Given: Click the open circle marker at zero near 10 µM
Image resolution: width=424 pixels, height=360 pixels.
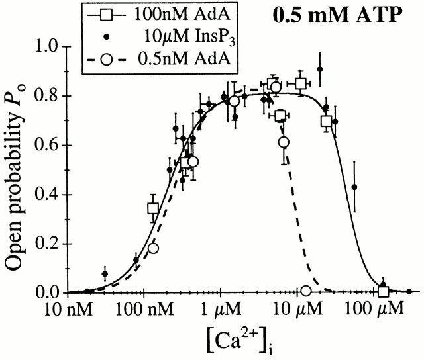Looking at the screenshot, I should (305, 291).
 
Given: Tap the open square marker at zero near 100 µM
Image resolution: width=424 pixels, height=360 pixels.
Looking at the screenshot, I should (384, 291).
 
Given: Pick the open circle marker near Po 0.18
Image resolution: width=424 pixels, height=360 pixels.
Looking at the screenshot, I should (154, 248).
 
